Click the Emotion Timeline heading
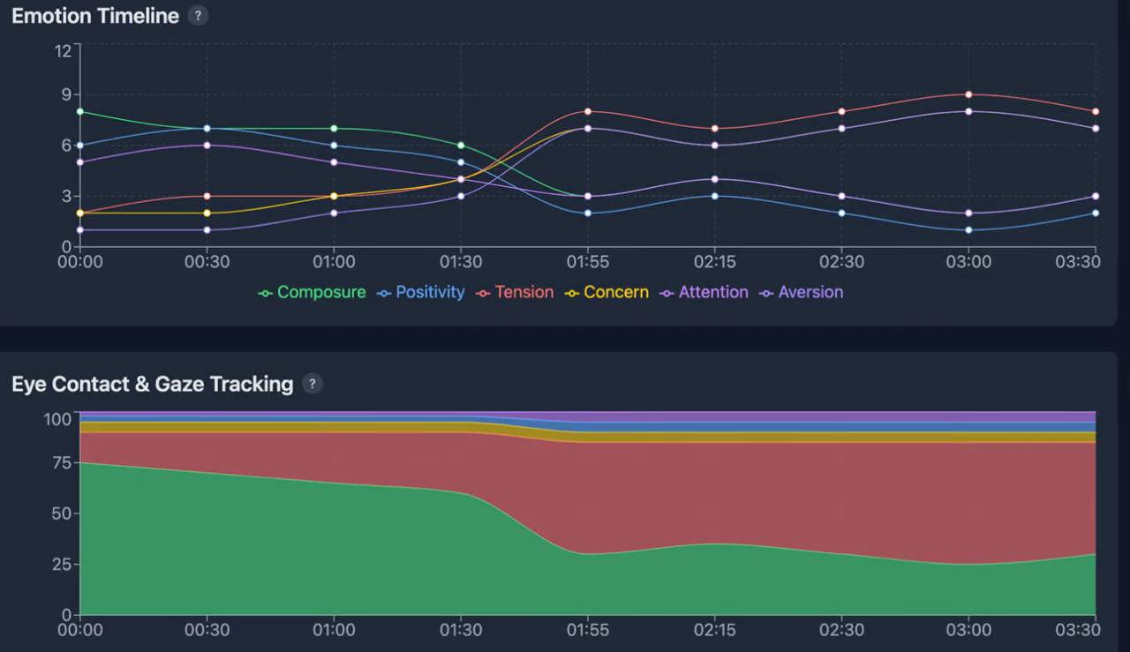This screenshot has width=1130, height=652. point(95,16)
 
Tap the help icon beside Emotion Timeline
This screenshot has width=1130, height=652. point(199,16)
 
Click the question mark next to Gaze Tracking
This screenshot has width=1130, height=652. point(313,385)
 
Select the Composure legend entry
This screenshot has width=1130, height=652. point(312,292)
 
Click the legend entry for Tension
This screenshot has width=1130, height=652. point(515,292)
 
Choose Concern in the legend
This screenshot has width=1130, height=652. point(606,292)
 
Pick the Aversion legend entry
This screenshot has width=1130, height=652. point(801,292)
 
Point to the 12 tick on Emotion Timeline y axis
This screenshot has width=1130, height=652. point(63,51)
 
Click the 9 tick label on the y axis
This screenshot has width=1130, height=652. point(66,94)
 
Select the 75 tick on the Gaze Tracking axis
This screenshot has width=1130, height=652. point(62,462)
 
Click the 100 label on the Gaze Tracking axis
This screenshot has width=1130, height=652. point(57,419)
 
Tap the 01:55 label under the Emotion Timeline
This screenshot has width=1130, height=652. point(588,262)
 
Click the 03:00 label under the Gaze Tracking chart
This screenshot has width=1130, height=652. point(968,630)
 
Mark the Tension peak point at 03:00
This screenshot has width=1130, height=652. point(968,94)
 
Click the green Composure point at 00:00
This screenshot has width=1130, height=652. point(80,111)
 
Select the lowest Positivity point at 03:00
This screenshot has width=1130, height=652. point(968,230)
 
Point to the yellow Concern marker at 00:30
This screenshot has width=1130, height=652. point(207,214)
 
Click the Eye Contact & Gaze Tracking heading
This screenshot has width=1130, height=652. point(153,385)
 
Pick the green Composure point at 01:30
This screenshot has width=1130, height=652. point(461,146)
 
